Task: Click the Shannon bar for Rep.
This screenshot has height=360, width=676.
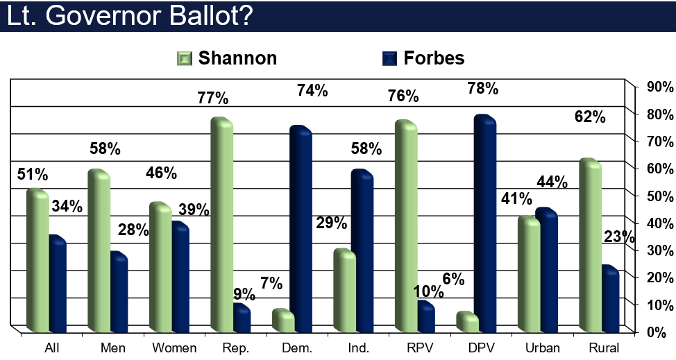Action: [221, 225]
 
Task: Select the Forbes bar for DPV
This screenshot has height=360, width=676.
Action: [484, 223]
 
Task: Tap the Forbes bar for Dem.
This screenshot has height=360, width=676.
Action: [301, 229]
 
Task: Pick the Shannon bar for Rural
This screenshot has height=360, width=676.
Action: [590, 246]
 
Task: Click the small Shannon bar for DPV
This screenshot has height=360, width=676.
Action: [467, 322]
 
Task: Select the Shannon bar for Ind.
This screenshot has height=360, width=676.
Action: [344, 291]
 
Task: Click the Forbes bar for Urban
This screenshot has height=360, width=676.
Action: [546, 270]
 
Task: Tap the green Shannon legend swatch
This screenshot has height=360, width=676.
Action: [185, 58]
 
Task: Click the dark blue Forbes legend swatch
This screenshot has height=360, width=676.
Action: [389, 58]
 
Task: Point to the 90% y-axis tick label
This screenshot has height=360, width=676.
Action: [659, 87]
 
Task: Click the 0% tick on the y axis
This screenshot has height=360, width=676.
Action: [657, 332]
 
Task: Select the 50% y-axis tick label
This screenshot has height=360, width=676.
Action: [659, 196]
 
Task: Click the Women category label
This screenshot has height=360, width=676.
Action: [174, 348]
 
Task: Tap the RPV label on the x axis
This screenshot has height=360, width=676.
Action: [420, 348]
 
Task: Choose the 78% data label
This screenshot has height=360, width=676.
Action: [483, 88]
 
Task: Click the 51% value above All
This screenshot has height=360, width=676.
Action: [33, 174]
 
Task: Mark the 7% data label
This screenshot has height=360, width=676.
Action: [271, 283]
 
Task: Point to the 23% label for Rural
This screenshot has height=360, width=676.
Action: [619, 237]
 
